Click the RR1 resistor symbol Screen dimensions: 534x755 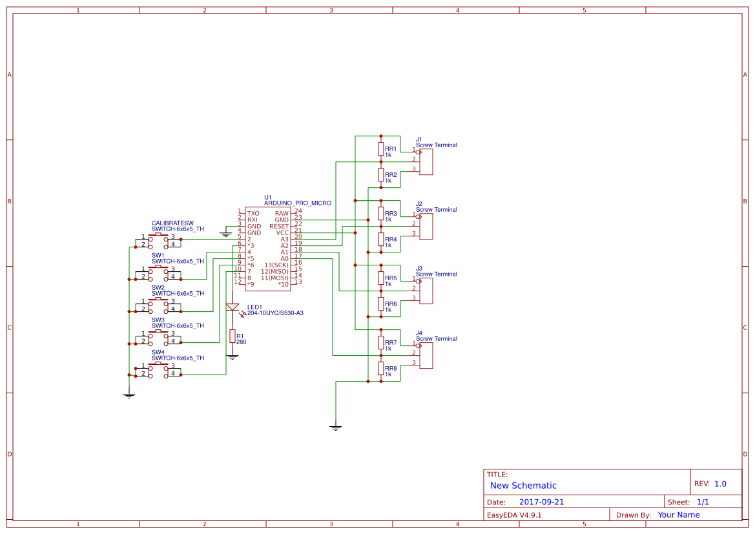click(x=381, y=149)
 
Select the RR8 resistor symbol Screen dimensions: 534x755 click(x=381, y=369)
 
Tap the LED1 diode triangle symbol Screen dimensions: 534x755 click(x=233, y=307)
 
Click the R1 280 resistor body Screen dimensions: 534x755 click(x=233, y=336)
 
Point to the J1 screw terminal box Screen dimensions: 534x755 click(x=426, y=161)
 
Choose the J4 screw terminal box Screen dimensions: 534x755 click(x=426, y=355)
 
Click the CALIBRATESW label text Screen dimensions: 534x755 click(x=172, y=223)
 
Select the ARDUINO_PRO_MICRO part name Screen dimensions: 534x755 click(x=298, y=203)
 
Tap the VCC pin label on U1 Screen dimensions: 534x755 click(x=282, y=232)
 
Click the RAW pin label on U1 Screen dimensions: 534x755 click(x=282, y=213)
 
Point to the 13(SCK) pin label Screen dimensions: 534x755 click(x=276, y=265)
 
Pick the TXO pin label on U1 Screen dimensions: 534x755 click(x=253, y=213)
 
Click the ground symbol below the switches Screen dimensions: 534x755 click(x=129, y=395)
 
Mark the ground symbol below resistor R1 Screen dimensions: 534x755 click(x=233, y=356)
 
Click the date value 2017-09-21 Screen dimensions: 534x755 click(x=541, y=502)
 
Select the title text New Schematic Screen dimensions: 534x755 click(x=523, y=486)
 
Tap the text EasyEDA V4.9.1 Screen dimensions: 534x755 click(x=514, y=515)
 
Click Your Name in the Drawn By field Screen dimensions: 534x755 click(x=679, y=515)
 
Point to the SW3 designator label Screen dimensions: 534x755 click(x=158, y=320)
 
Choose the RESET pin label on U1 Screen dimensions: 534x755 click(x=279, y=226)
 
